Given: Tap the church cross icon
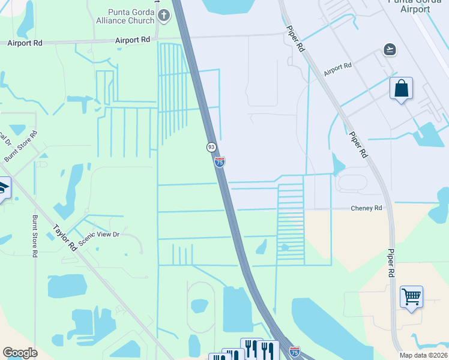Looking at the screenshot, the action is coord(164,16).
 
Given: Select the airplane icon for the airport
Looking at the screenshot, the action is coord(391,49).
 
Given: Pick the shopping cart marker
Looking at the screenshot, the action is coord(411,296).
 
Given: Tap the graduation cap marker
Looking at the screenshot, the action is coord(3,190).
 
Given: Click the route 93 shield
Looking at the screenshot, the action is coord(211,147).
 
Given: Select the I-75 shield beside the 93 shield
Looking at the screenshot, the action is coord(220,162).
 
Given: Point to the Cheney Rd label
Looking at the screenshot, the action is coord(366,208).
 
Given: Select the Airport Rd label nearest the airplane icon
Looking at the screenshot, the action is coord(337,68).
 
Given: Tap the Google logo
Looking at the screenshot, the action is coord(20,352).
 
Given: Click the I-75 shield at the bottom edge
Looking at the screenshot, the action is coord(294,351).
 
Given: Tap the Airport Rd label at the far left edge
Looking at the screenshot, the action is coord(26,43).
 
